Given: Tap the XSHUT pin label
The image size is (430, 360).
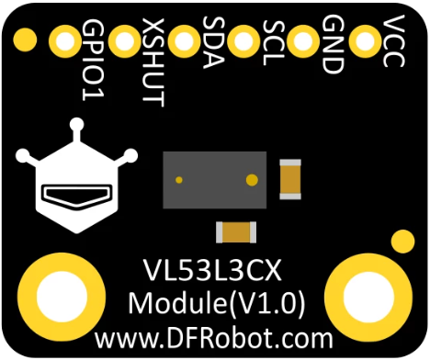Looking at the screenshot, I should click(153, 61).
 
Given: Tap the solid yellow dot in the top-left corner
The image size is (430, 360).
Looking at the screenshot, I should click(26, 39).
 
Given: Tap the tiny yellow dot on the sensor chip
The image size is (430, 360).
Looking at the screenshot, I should click(180, 179).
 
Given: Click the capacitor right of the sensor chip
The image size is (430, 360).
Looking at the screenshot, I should click(290, 178).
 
